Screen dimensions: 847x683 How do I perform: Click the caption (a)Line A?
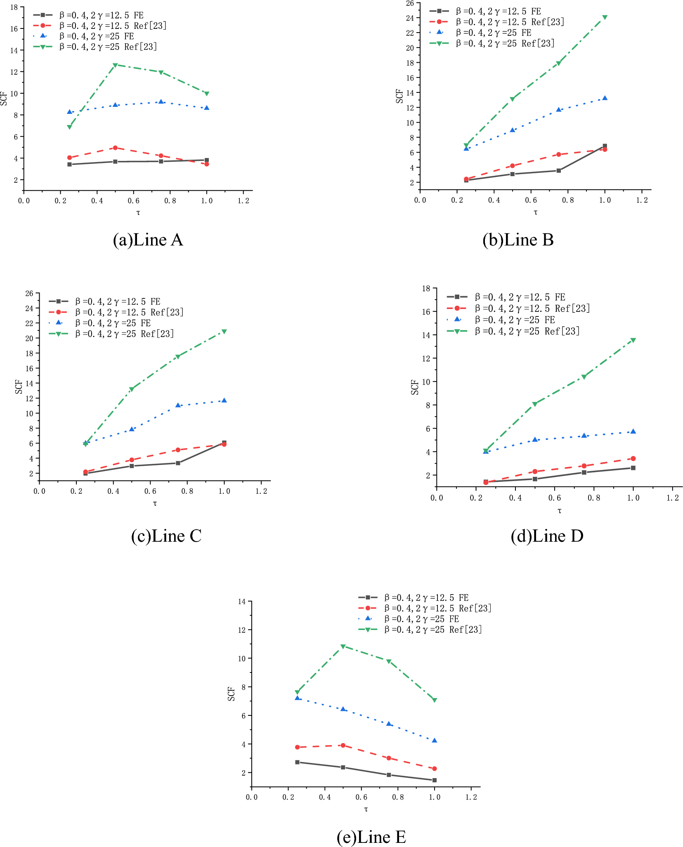coord(148,240)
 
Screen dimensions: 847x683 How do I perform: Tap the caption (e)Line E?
coord(371,837)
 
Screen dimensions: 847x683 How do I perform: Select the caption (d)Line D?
coord(547,536)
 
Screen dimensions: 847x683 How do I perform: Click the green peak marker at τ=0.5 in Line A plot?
coord(115,65)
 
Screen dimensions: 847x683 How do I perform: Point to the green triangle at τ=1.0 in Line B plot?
coord(605,17)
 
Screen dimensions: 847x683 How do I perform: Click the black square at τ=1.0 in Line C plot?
coord(224,443)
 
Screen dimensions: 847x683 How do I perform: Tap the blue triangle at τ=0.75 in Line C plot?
coord(178,405)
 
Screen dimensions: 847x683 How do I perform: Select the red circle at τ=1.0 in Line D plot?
coord(633,458)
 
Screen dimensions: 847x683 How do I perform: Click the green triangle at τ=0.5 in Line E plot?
coord(343,646)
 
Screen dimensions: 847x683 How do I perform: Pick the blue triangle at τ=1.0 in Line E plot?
coord(434,740)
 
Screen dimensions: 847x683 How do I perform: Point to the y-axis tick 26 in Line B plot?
coord(409,3)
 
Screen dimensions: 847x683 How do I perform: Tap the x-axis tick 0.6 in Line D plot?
coord(555,498)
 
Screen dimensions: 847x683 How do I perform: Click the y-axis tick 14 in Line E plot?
coord(241,602)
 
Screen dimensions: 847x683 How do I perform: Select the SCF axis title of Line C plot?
coord(19,387)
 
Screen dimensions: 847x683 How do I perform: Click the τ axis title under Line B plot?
coord(535,212)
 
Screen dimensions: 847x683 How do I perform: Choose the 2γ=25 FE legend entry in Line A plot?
coord(96,36)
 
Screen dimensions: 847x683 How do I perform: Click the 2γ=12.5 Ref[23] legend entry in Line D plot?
coord(532,308)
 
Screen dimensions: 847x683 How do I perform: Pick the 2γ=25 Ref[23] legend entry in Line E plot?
coord(433,629)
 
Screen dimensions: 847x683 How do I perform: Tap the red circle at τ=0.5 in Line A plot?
coord(115,148)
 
